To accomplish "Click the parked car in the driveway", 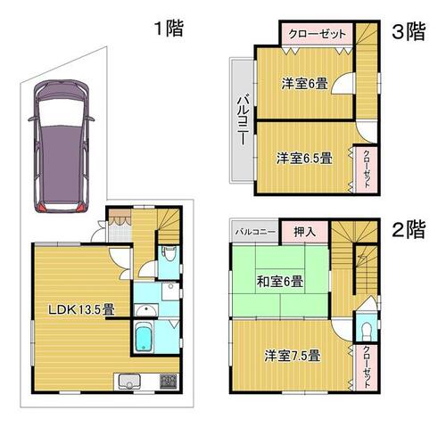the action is point(62,146).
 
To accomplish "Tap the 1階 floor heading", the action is point(169,29).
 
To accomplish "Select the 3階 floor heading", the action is point(409,31).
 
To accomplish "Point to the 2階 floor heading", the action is point(409,229).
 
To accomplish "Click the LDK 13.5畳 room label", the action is point(81,310).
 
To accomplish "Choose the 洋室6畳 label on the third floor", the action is point(305,84).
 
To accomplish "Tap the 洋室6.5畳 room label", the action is point(304,158).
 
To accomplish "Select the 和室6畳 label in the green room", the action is point(280,281).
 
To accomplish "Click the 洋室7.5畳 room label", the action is point(293,356).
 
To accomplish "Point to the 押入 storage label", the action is point(304,232).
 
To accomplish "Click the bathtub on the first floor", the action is point(145,337).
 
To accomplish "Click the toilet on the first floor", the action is point(169,254).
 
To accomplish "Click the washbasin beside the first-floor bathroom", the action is point(146,310).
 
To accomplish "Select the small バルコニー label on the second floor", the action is point(255,232).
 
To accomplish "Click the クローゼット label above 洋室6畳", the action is point(318,34).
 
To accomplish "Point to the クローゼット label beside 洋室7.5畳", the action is point(367,367).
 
